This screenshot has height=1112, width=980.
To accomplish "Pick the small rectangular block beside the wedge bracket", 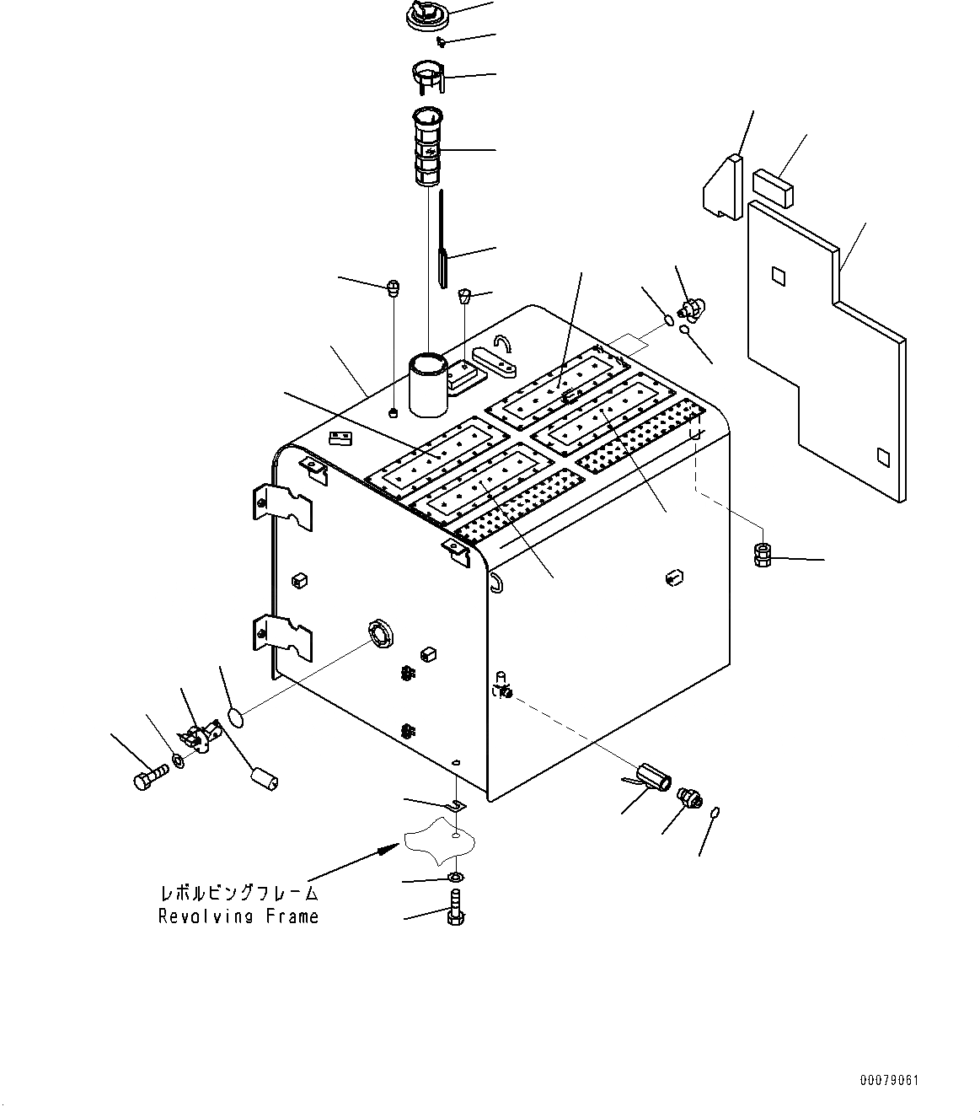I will (x=773, y=185).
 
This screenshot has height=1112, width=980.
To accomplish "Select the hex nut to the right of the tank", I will (x=761, y=555).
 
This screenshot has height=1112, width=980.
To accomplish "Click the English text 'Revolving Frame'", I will (x=238, y=916).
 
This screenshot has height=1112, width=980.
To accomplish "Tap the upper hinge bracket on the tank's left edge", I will (x=283, y=508).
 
